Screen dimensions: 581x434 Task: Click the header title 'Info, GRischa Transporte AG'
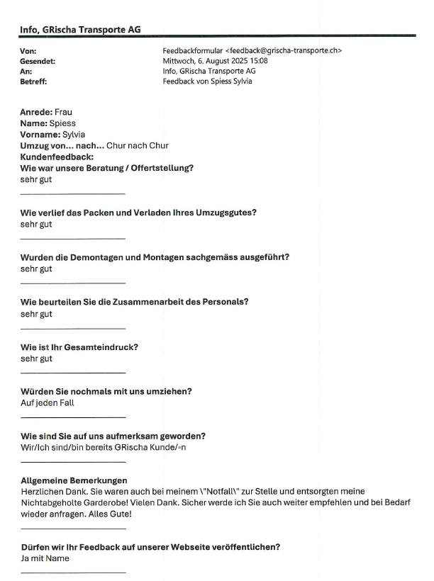click(79, 29)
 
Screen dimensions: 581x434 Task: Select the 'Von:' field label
click(28, 51)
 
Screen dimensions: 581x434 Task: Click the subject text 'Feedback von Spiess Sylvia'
click(208, 81)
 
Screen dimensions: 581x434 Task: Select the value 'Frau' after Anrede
click(63, 112)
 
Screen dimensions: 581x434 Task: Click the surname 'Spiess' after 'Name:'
click(62, 123)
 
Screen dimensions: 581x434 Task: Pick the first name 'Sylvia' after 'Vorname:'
click(74, 134)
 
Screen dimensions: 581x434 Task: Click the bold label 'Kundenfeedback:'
click(57, 157)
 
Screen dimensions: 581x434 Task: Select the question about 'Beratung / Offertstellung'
click(107, 168)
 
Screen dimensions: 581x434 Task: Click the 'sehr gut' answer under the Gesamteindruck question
click(36, 359)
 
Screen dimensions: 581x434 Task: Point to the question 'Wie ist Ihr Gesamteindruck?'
click(79, 347)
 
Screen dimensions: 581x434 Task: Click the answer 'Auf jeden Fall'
click(48, 403)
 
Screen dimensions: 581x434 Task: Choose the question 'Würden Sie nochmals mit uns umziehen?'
click(106, 392)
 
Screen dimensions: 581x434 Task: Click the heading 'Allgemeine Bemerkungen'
click(74, 480)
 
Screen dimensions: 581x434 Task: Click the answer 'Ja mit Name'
click(45, 558)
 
